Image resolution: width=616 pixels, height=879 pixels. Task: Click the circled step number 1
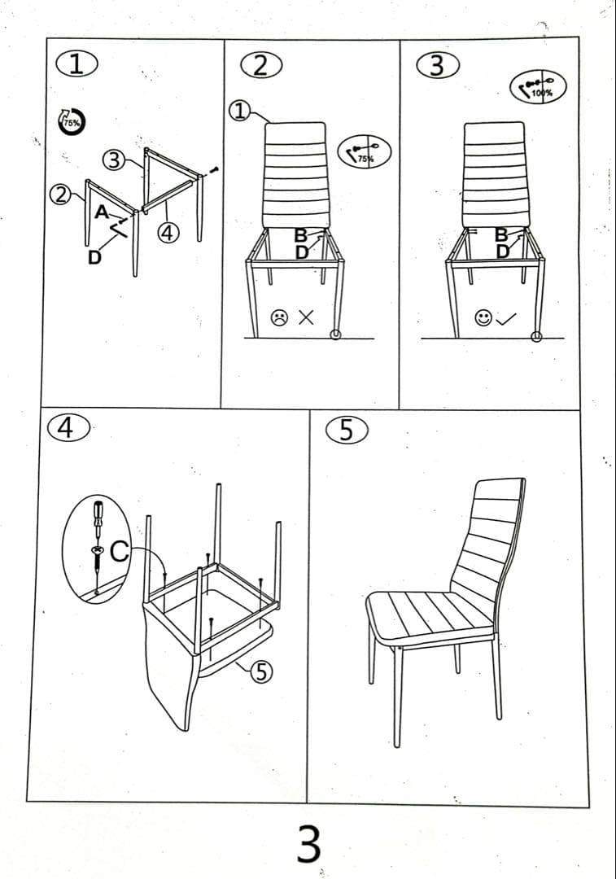pyautogui.click(x=75, y=64)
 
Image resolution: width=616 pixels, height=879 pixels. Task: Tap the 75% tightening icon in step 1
pyautogui.click(x=70, y=122)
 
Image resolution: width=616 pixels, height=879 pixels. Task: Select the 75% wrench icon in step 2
pyautogui.click(x=364, y=151)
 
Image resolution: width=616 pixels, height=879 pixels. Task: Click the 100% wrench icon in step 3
pyautogui.click(x=538, y=86)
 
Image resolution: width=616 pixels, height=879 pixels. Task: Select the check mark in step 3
pyautogui.click(x=506, y=319)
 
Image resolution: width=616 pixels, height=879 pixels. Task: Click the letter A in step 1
pyautogui.click(x=102, y=212)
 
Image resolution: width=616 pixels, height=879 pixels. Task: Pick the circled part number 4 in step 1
pyautogui.click(x=168, y=233)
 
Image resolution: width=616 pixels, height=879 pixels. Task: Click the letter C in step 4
pyautogui.click(x=120, y=552)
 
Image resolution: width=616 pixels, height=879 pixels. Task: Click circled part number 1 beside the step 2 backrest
pyautogui.click(x=240, y=111)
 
